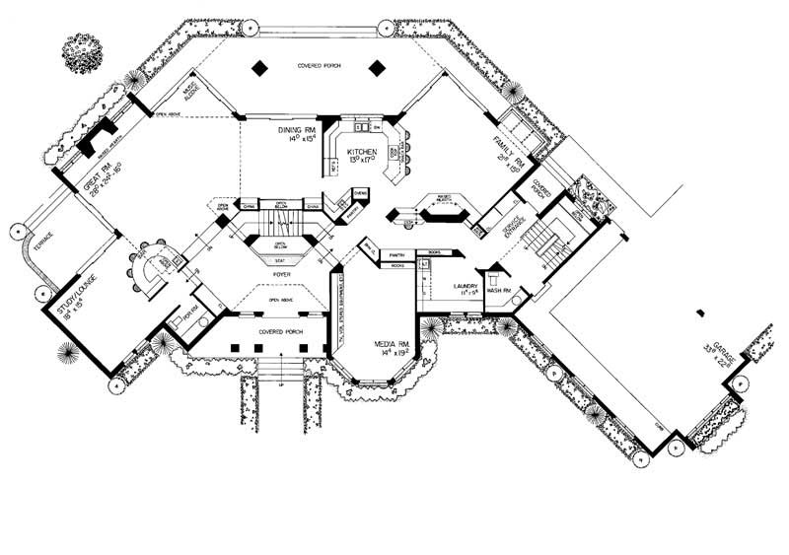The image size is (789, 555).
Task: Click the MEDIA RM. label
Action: point(386,345)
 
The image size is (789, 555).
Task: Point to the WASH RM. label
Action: point(495,291)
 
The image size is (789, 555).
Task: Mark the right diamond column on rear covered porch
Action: point(376,68)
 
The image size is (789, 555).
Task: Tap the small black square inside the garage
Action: point(700,313)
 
